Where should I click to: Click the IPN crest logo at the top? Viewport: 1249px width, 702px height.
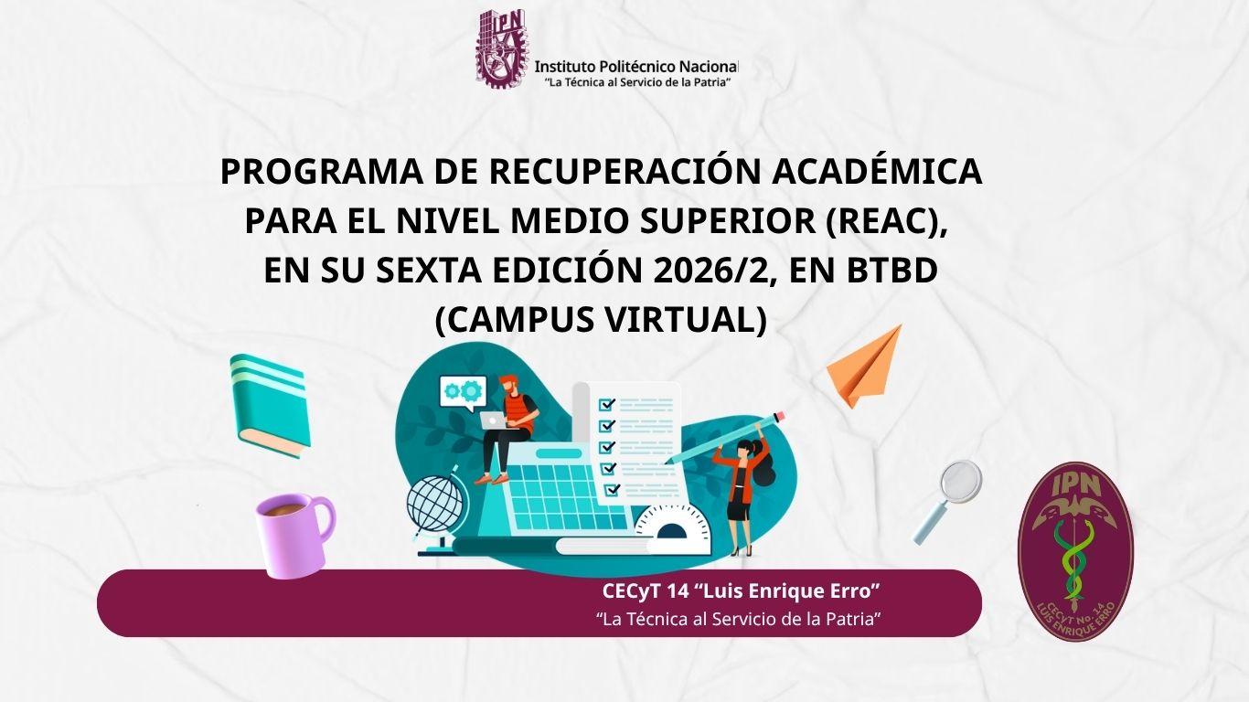502,48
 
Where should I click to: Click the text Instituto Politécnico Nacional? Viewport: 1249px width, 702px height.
635,67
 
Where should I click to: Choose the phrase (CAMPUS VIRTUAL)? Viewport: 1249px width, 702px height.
600,320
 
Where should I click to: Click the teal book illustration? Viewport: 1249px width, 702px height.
269,405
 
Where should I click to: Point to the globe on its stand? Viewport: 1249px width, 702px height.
436,506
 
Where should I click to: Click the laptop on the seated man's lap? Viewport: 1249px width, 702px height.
496,420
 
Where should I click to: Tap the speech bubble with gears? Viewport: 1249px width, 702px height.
462,392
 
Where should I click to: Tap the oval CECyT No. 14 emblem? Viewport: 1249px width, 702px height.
1075,551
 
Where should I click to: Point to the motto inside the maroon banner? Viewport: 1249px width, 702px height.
738,619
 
